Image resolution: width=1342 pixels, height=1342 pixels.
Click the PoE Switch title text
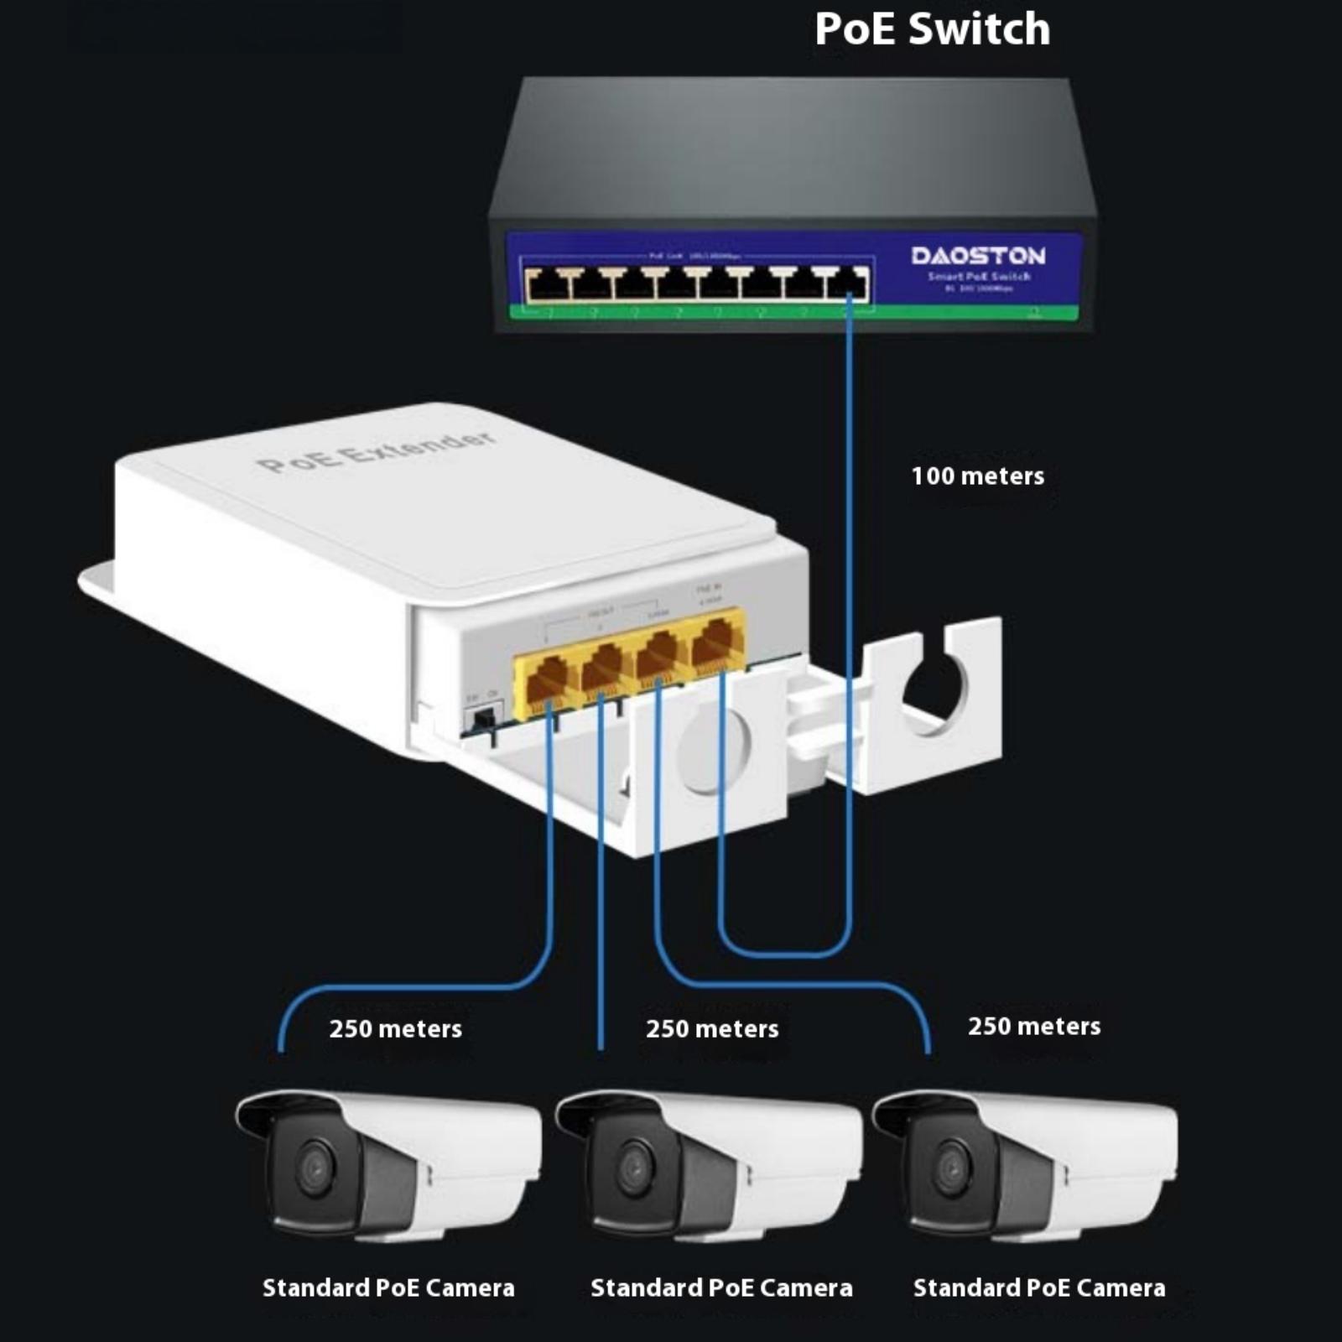932,29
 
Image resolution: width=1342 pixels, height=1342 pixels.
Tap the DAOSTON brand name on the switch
978,256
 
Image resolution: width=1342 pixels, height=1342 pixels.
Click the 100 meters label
977,476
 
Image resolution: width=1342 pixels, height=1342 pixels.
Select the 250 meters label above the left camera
395,1029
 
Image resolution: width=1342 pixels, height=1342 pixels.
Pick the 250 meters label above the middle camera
712,1029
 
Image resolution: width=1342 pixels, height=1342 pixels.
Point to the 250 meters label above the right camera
1034,1027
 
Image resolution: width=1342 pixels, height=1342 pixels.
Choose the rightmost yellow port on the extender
717,642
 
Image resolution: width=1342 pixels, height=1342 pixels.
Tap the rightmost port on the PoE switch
848,284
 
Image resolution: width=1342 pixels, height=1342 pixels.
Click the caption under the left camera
388,1287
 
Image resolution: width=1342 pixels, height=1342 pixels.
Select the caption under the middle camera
721,1287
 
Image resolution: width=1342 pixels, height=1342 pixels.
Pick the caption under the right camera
1039,1287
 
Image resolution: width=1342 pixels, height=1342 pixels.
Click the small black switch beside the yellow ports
483,720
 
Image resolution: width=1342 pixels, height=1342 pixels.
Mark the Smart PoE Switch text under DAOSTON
979,277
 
